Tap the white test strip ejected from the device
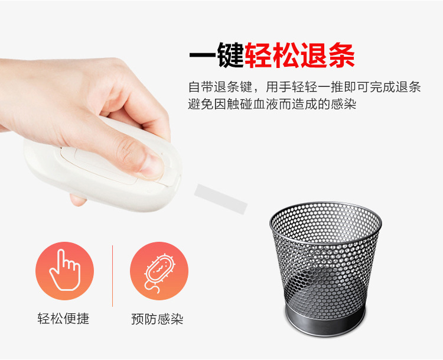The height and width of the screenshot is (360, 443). pos(220,197)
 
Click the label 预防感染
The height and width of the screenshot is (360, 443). pos(157,319)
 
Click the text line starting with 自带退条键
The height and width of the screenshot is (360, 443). pos(304,87)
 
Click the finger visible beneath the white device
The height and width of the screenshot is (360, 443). pos(78,200)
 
